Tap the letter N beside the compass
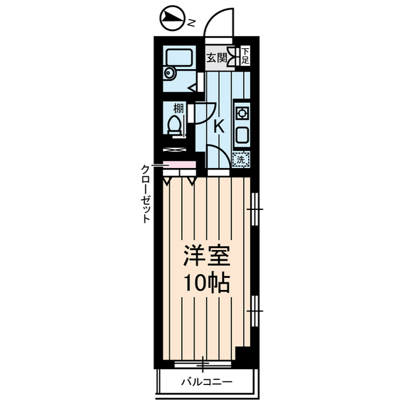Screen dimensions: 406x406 click(192, 23)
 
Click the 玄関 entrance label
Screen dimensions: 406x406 click(216, 58)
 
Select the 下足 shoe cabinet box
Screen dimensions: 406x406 click(246, 56)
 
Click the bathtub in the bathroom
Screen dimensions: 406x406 click(179, 56)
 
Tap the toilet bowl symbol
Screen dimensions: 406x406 click(174, 125)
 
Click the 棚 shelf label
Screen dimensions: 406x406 click(178, 108)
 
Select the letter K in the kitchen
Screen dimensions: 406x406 click(219, 127)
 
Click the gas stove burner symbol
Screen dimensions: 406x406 click(242, 113)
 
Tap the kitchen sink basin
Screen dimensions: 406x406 click(242, 134)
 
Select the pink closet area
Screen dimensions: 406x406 click(179, 165)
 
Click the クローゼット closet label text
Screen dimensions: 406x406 click(145, 194)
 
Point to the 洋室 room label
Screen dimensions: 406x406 click(207, 256)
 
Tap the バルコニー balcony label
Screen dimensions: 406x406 click(206, 382)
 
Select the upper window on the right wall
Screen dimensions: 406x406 click(255, 209)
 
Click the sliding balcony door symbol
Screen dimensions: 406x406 click(203, 364)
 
